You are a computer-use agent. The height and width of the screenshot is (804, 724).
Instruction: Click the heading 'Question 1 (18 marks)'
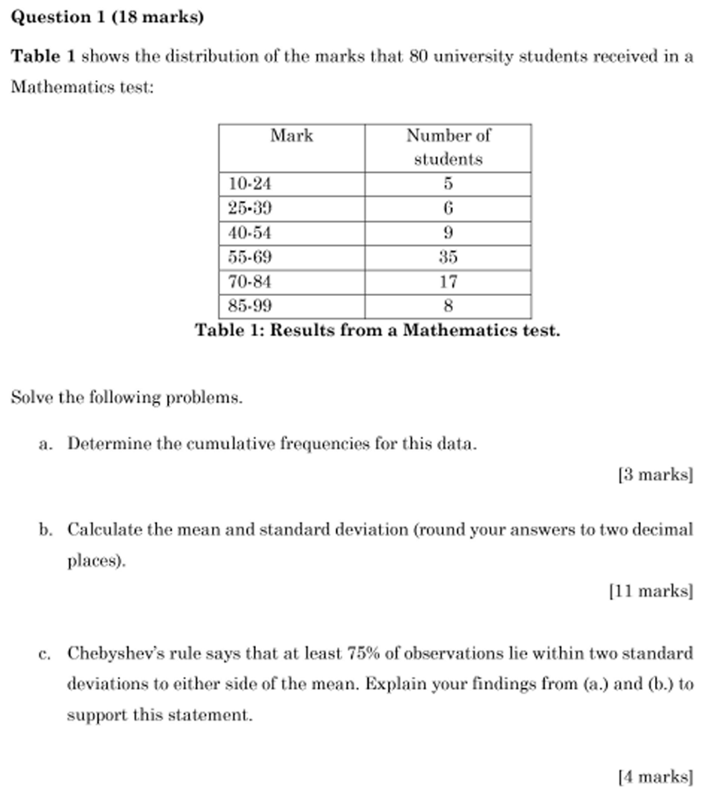coord(107,17)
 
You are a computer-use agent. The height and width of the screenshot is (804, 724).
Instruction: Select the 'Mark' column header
coord(291,136)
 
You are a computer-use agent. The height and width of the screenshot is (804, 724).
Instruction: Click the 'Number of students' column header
coord(448,147)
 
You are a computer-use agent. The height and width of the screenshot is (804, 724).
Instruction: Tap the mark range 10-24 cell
coord(250,184)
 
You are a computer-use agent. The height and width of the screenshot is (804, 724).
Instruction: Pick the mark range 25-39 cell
coord(250,208)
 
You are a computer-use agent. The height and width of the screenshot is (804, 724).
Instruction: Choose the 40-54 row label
coord(250,232)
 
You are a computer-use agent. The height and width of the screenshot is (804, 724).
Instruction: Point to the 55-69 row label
coord(250,257)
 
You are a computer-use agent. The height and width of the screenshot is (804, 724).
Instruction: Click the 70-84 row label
coord(250,281)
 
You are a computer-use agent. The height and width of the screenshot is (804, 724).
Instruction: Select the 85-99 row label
coord(250,305)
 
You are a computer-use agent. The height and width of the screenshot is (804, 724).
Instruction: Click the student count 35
coord(448,257)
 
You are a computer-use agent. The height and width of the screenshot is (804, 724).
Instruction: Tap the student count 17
coord(448,281)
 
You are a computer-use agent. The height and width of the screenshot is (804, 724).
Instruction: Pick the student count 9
coord(448,232)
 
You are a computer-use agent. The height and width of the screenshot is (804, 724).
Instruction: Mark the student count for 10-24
coord(448,184)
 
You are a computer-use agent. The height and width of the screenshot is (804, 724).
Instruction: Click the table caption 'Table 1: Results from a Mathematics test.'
coord(377,330)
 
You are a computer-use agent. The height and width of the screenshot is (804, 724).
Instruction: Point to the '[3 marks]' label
coord(655,474)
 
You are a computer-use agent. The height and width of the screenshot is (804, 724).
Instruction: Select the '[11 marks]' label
coord(651,590)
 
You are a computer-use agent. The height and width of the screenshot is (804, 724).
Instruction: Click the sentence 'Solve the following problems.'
coord(126,397)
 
